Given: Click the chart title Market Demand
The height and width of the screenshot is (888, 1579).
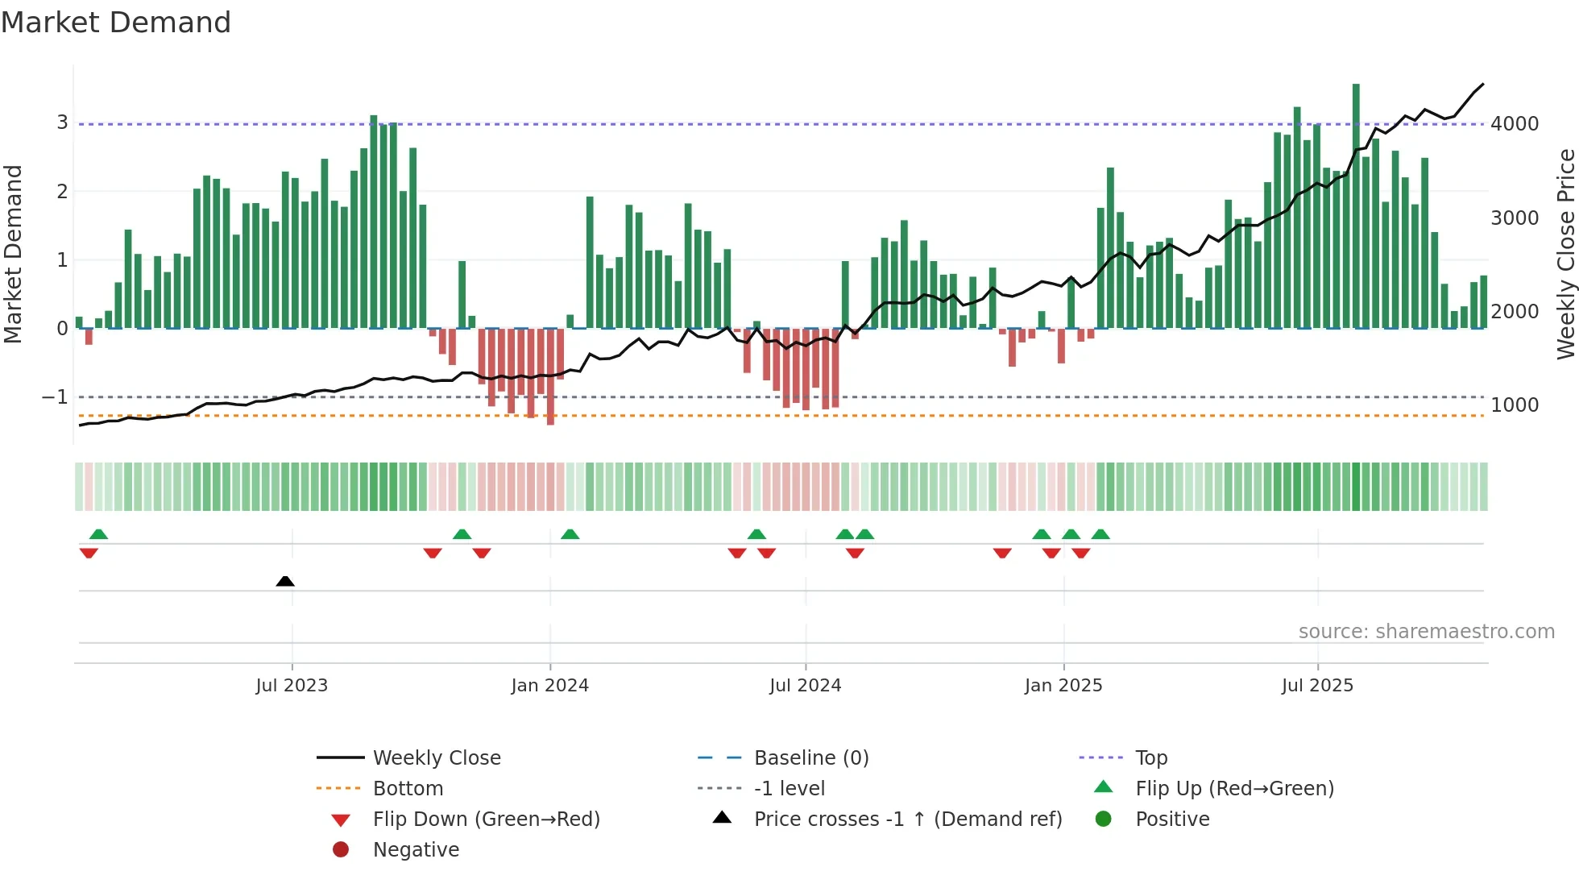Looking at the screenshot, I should click(x=116, y=23).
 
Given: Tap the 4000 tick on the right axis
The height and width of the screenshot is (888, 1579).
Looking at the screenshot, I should click(x=1515, y=124).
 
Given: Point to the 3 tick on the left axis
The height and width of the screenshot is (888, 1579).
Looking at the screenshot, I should click(x=62, y=122).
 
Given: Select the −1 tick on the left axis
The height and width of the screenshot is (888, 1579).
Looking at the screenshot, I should click(x=56, y=397).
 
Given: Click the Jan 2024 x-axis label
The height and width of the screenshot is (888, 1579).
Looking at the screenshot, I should click(x=549, y=686).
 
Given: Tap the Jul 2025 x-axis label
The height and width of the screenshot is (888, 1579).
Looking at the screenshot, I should click(x=1317, y=686).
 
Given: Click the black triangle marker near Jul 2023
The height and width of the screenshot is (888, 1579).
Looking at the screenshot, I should click(x=285, y=581).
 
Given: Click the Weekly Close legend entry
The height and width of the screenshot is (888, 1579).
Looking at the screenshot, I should click(x=436, y=758).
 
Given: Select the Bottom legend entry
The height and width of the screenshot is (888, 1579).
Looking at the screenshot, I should click(x=408, y=789).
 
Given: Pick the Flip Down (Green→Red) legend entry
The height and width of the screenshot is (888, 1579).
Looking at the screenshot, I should click(x=486, y=820).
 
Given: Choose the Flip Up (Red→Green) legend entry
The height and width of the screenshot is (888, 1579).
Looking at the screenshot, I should click(x=1234, y=789).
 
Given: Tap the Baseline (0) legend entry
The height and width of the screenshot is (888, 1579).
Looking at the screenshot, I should click(x=810, y=758).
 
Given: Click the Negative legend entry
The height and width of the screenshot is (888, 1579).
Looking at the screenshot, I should click(x=416, y=850).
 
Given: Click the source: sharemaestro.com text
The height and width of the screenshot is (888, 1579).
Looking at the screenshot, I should click(x=1426, y=632).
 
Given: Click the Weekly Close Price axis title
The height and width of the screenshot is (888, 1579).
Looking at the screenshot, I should click(x=1565, y=254).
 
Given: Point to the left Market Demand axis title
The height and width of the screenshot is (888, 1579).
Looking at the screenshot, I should click(x=13, y=254).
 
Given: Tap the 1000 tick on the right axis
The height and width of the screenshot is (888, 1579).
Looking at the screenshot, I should click(x=1515, y=405).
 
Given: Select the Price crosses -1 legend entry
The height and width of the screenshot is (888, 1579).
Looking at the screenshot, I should click(x=907, y=820).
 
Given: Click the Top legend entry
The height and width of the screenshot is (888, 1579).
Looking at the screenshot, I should click(x=1150, y=758).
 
